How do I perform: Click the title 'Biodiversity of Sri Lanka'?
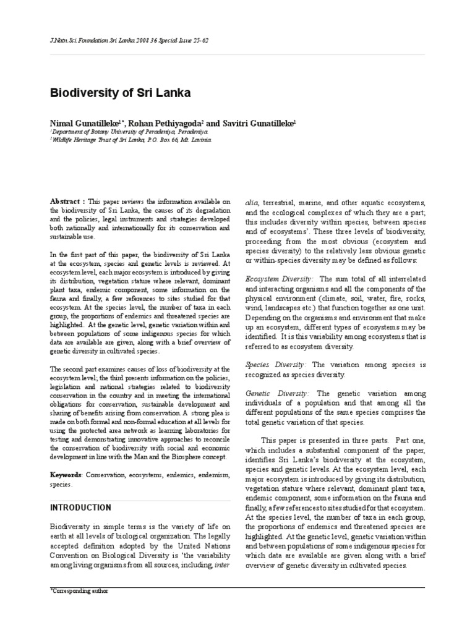(120, 93)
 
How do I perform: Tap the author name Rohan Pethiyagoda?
(168, 124)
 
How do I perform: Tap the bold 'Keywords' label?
(66, 475)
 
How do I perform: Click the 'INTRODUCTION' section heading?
(80, 508)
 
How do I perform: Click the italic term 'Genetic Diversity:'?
(277, 393)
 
